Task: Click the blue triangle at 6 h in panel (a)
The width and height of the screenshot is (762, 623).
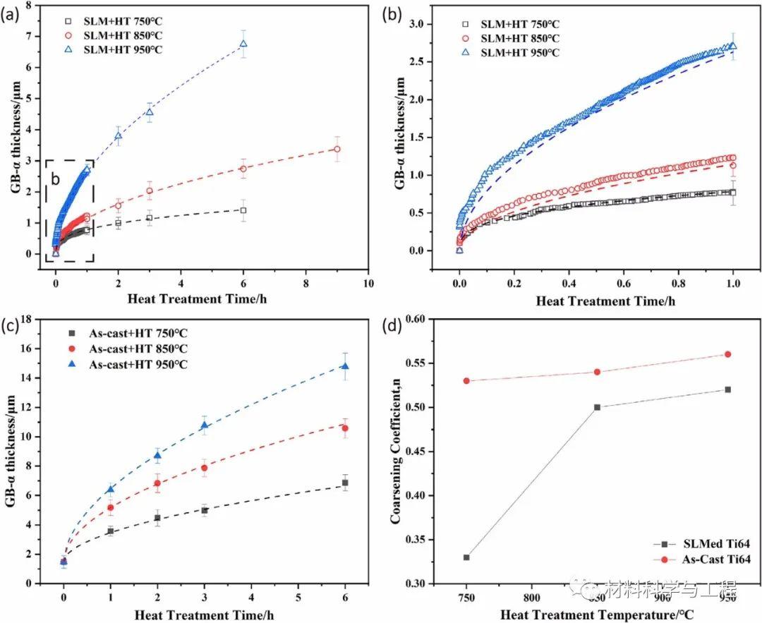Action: pyautogui.click(x=243, y=44)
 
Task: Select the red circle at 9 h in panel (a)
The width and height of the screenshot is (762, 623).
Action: pyautogui.click(x=337, y=149)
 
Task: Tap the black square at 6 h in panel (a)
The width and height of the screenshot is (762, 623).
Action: pyautogui.click(x=243, y=210)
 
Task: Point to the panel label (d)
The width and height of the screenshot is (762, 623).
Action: pyautogui.click(x=392, y=327)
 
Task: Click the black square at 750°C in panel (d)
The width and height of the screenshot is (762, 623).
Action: pyautogui.click(x=466, y=557)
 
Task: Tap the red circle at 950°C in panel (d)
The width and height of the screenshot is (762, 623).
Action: pyautogui.click(x=727, y=354)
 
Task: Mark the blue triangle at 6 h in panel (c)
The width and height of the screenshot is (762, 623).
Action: pyautogui.click(x=345, y=366)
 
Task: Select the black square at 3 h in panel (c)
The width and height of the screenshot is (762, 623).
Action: pyautogui.click(x=205, y=510)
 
